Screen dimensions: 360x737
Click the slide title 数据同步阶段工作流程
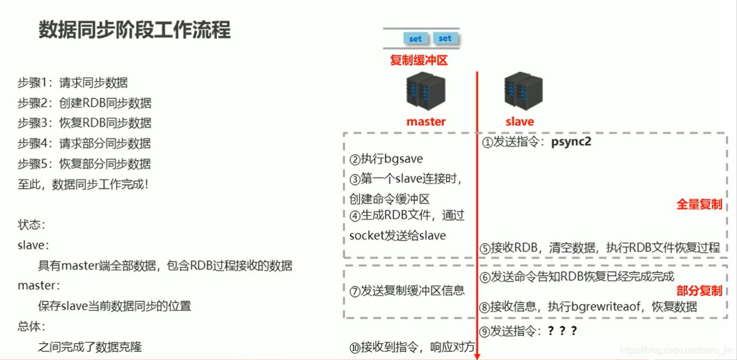point(135,30)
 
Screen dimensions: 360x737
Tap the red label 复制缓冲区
point(418,60)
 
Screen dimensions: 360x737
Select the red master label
point(426,122)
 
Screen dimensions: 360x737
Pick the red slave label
point(520,122)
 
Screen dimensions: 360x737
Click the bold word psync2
point(571,142)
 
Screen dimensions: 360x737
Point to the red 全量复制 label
point(699,205)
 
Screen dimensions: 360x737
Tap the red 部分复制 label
point(699,290)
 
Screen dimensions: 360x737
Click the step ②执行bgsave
point(386,159)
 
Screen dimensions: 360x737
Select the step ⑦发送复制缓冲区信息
point(407,291)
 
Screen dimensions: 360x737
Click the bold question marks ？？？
point(562,331)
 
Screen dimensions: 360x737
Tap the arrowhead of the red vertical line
point(477,356)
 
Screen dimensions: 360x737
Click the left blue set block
point(415,39)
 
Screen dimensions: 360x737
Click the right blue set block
point(445,38)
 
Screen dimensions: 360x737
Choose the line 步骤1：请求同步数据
point(72,83)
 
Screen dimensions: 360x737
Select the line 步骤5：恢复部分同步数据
point(84,164)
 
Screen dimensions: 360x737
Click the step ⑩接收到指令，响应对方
point(412,347)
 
